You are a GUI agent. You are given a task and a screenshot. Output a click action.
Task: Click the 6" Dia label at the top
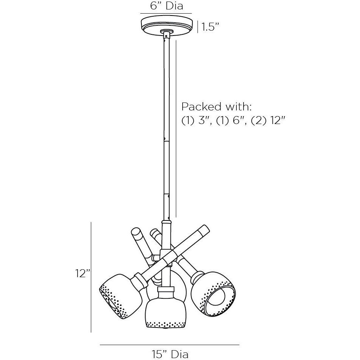click(x=167, y=6)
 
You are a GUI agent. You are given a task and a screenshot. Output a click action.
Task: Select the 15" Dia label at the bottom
click(x=170, y=354)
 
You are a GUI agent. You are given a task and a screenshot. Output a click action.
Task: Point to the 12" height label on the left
click(x=83, y=273)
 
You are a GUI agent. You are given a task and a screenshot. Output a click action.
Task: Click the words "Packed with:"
click(x=217, y=107)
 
